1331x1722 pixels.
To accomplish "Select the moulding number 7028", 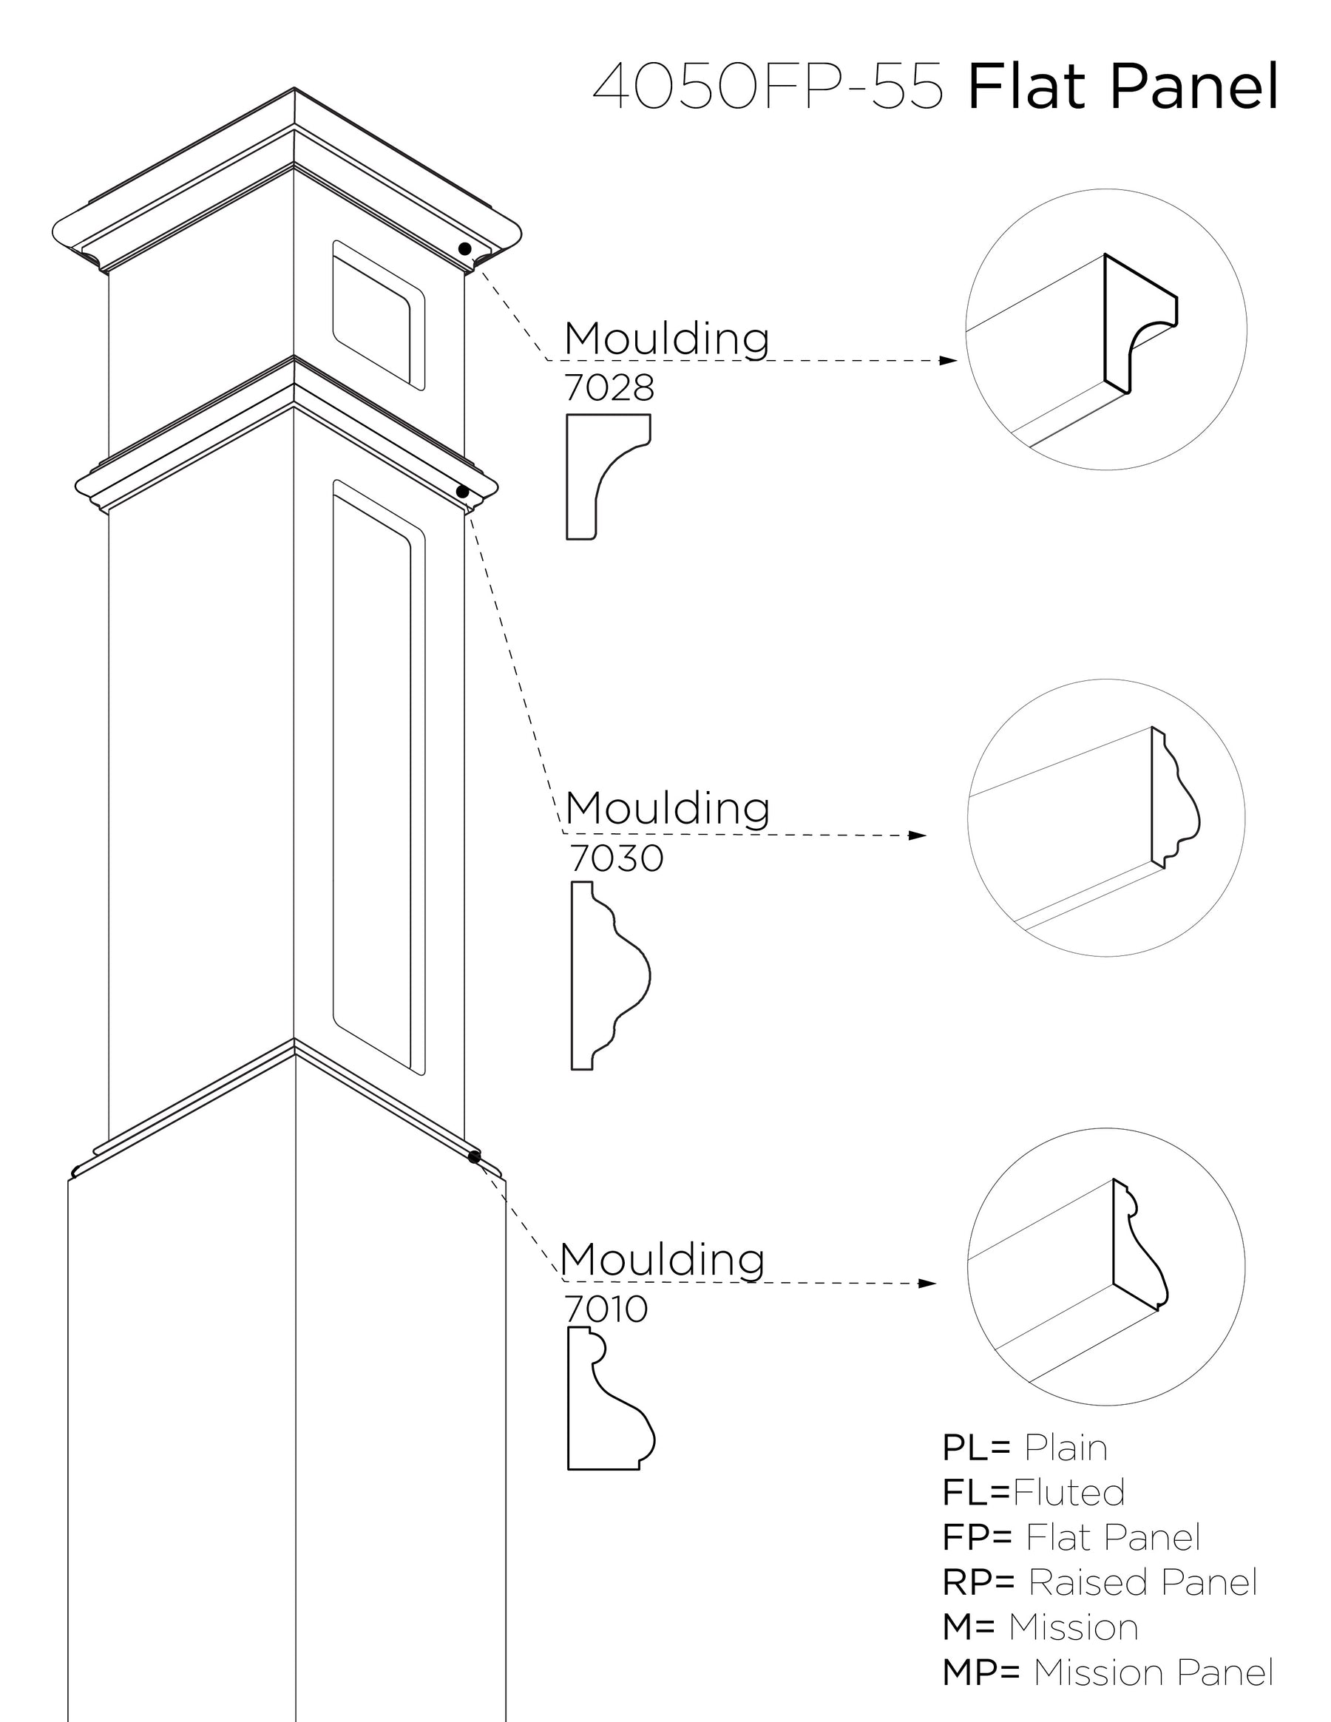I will pos(609,387).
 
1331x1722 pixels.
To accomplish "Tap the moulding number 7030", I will pos(616,858).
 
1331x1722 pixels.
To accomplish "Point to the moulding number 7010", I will pos(606,1309).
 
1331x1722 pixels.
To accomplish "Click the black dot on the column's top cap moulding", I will pos(464,249).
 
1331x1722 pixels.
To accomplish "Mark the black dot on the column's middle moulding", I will pos(463,492).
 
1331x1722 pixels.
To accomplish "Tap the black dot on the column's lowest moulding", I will pos(474,1156).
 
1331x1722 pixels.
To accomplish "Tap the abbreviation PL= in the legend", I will pos(976,1448).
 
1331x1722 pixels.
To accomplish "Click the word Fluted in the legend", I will pos(1068,1492).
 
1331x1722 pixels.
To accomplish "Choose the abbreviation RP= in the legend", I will pos(978,1582).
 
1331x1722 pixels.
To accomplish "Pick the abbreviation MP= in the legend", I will pos(981,1672).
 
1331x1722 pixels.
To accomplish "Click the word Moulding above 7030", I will pos(667,808).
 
